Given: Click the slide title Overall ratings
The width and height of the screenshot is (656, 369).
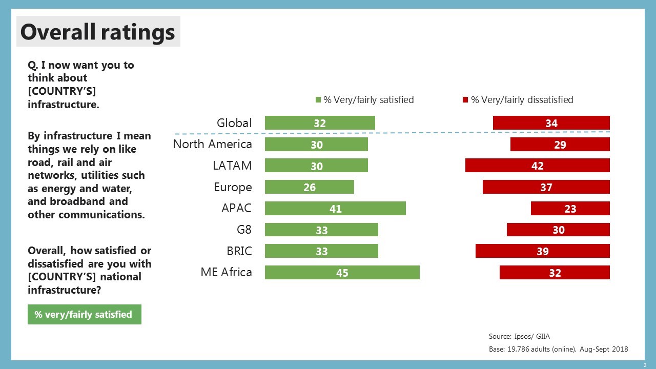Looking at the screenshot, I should coord(97,32).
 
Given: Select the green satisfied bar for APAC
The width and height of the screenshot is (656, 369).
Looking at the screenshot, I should coord(335,209).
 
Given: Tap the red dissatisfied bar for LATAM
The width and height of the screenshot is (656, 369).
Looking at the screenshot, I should coord(537,166).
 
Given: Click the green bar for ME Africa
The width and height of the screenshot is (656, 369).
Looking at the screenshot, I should coord(342,273).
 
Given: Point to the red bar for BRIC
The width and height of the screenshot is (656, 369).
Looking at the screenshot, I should coord(542,251).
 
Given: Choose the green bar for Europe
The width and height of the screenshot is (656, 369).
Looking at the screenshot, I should coord(309,187).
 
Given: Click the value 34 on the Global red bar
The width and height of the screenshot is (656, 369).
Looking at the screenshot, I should coord(551,123).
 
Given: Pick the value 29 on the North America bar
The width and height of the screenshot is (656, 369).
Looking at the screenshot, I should coord(560,145).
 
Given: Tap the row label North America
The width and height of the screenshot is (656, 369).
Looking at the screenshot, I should coord(212,144).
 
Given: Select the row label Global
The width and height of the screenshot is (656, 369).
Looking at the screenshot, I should coord(234,123).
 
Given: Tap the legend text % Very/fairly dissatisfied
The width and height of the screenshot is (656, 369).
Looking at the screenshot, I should coord(522,100).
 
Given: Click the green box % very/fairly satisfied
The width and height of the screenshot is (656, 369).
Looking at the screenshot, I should coord(84,315).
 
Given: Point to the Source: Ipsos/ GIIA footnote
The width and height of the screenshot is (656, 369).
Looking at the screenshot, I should coord(519,337).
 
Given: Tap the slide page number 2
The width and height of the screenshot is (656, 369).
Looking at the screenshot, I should coord(645,364).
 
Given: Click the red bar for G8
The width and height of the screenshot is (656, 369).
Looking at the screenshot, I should coord(558,230).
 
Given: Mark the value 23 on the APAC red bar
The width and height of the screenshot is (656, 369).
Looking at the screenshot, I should coord(570,209).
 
